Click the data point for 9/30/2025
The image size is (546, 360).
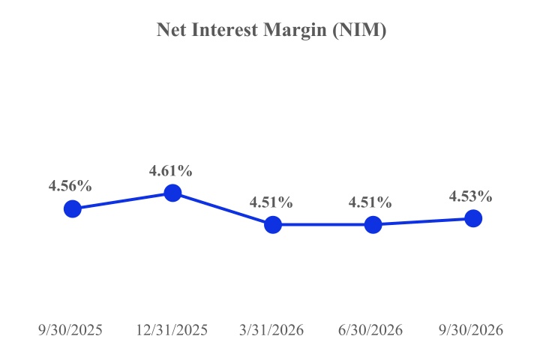point(73,209)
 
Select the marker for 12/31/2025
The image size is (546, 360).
point(172,193)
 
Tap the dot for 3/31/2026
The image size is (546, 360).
point(273,224)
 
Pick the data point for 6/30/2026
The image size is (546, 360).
point(373,224)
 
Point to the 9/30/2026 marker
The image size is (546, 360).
point(473,218)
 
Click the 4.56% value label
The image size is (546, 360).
point(70,186)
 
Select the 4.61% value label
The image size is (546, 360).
point(171,170)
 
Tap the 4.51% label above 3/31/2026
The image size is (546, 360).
point(271,202)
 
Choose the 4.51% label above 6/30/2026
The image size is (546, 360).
point(370,202)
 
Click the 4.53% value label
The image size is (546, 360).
point(470,196)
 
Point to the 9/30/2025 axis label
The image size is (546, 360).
point(70,330)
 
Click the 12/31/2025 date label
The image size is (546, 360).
point(172,330)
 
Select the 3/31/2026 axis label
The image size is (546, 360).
point(271,330)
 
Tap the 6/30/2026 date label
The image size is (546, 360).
point(370,330)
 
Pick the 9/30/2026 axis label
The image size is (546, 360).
point(471,330)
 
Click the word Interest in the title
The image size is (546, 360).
point(225,29)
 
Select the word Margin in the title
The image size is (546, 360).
point(295,31)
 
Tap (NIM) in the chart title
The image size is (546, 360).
point(359,30)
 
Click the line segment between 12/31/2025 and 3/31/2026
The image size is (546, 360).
point(223,209)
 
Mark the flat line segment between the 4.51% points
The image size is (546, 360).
point(323,224)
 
